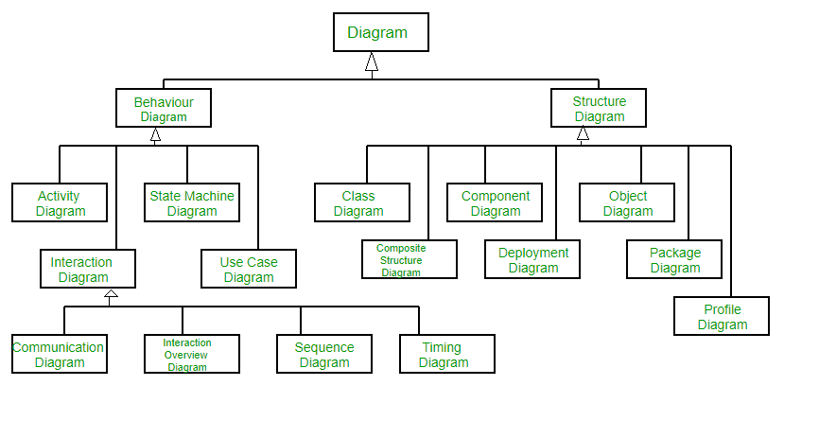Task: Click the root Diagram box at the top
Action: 381,32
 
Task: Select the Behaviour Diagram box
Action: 164,108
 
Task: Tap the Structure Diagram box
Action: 600,108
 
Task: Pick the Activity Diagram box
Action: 60,202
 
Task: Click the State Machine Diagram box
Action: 192,202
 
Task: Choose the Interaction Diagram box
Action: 88,269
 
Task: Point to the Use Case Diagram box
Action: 249,269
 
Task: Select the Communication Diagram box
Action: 60,354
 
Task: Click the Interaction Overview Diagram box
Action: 192,354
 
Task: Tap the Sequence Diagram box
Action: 324,354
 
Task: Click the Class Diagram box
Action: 362,202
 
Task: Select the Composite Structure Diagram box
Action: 409,259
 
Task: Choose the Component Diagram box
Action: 495,202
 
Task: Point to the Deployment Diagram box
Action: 532,259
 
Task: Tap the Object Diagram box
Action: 627,202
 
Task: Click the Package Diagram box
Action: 674,259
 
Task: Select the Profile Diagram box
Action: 722,316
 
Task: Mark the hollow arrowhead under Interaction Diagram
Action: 111,297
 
